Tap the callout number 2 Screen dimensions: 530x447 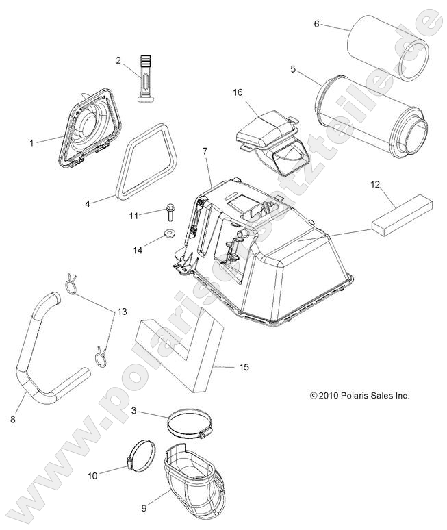point(118,61)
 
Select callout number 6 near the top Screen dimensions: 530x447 point(316,24)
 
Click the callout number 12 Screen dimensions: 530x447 point(394,184)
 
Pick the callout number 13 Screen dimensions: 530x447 point(123,312)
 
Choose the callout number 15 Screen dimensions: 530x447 point(244,368)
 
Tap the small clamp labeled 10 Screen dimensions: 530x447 point(140,455)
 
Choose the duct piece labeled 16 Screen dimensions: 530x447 point(270,136)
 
